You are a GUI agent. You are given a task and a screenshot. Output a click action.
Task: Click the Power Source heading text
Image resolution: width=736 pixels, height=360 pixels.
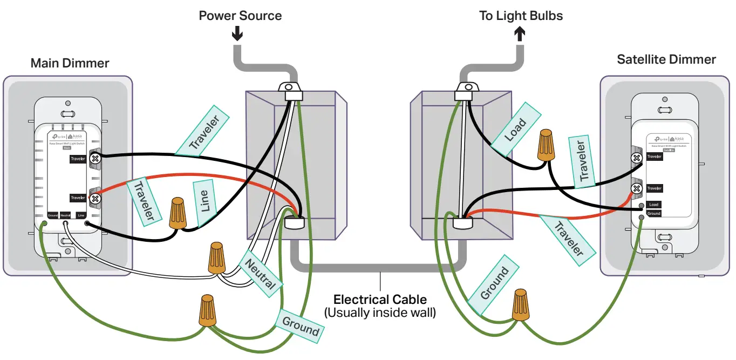point(240,16)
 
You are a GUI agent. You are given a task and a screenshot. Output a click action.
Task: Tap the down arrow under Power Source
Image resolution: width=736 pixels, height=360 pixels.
point(237,34)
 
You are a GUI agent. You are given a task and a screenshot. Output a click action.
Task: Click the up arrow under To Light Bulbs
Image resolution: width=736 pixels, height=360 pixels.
point(520,34)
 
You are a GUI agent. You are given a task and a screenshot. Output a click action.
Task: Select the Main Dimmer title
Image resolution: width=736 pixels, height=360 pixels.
point(70,63)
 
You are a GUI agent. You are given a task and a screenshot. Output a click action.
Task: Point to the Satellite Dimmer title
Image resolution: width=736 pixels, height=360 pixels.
point(666,59)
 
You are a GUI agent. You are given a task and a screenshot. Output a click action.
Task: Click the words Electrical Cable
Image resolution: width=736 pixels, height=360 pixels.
point(380,299)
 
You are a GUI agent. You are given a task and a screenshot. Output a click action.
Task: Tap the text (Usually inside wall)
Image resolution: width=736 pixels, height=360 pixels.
point(380,312)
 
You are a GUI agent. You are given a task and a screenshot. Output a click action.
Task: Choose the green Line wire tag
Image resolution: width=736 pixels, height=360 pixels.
point(206,203)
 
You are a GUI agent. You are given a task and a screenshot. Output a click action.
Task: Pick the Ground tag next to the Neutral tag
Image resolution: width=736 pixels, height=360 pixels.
point(300,325)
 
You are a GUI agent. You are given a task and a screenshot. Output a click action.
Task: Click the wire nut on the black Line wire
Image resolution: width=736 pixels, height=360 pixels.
point(178,213)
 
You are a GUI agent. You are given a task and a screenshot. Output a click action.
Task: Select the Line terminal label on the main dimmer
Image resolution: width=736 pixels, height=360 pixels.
point(80,215)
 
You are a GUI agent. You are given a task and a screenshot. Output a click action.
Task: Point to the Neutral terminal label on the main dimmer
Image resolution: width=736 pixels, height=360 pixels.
point(65,215)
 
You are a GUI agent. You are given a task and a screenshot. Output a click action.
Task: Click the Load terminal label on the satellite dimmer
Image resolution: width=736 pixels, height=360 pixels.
point(653,205)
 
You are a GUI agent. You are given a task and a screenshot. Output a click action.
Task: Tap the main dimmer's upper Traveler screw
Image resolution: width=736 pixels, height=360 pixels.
point(96,159)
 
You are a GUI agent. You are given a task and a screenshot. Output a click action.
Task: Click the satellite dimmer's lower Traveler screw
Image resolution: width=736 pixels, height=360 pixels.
point(637,188)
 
